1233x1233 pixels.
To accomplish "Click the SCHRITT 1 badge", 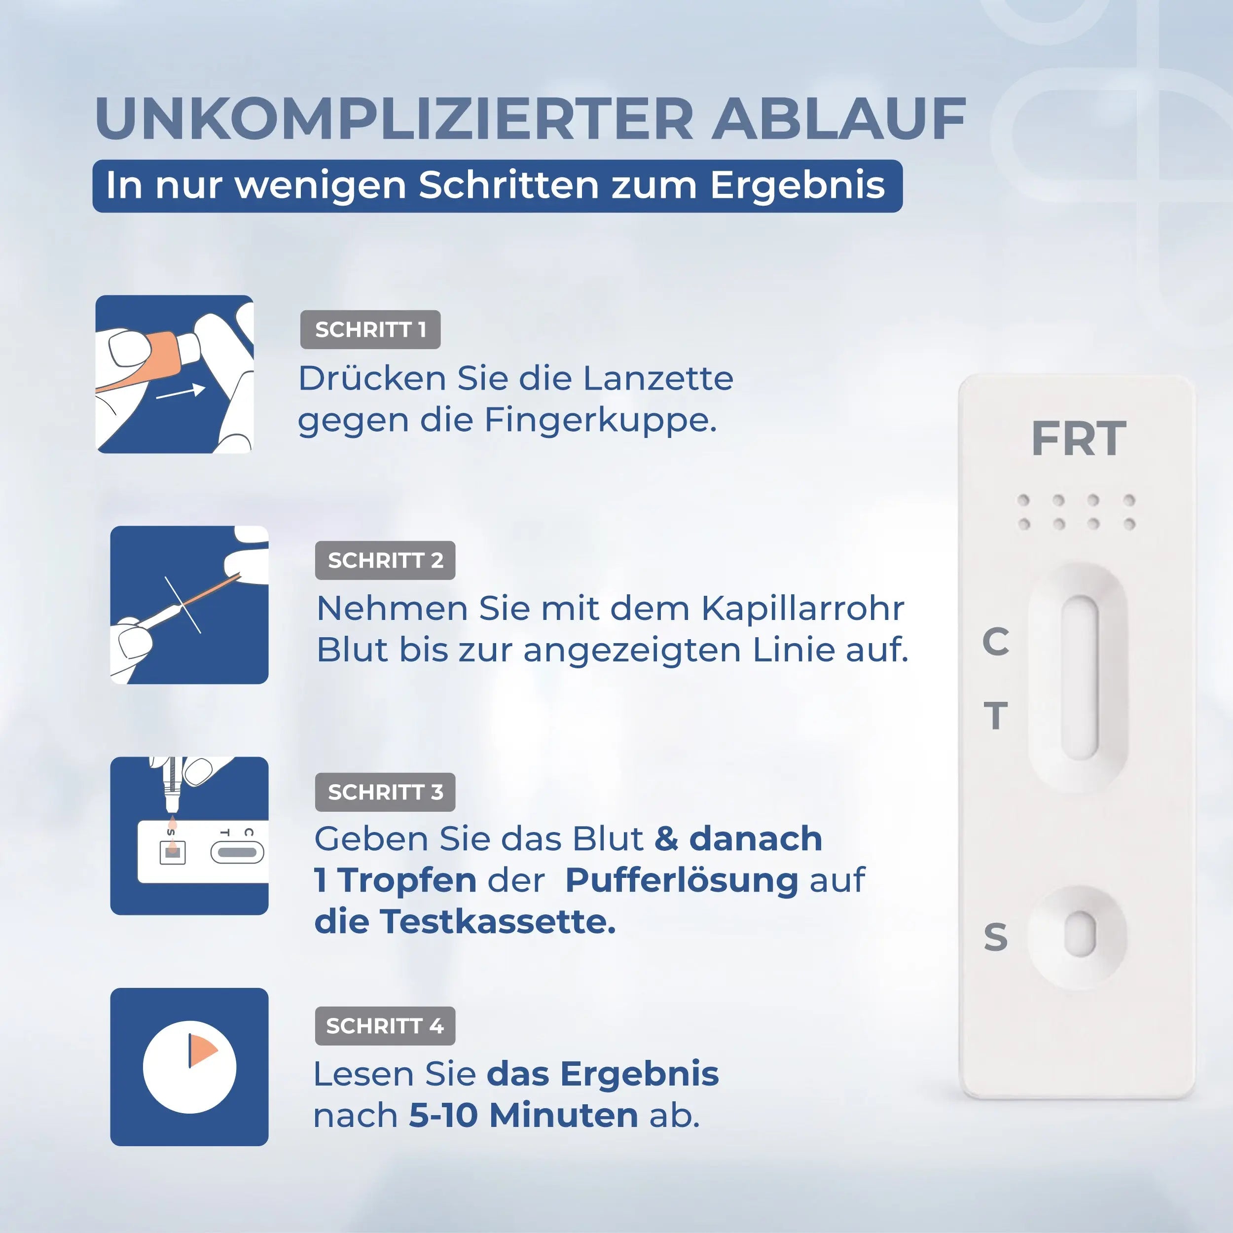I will [x=370, y=329].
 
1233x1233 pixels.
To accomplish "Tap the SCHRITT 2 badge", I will [x=385, y=560].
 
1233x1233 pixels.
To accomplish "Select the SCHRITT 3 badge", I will [x=385, y=792].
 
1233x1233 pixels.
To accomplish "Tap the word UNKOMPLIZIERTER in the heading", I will [x=394, y=119].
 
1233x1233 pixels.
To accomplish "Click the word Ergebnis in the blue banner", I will [x=797, y=186].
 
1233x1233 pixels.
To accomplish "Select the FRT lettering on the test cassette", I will [x=1078, y=439].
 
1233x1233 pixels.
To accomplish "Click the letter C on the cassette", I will [x=995, y=641].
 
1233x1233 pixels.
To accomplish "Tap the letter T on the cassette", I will [x=995, y=716].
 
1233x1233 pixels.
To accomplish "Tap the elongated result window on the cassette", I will [x=1079, y=678].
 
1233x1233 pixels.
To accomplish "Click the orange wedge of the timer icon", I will [x=202, y=1051].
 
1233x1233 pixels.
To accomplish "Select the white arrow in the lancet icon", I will [x=181, y=392].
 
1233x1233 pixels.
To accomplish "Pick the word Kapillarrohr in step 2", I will [x=802, y=608].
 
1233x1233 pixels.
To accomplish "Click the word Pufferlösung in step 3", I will [x=682, y=880].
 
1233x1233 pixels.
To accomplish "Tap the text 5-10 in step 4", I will [x=443, y=1116].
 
